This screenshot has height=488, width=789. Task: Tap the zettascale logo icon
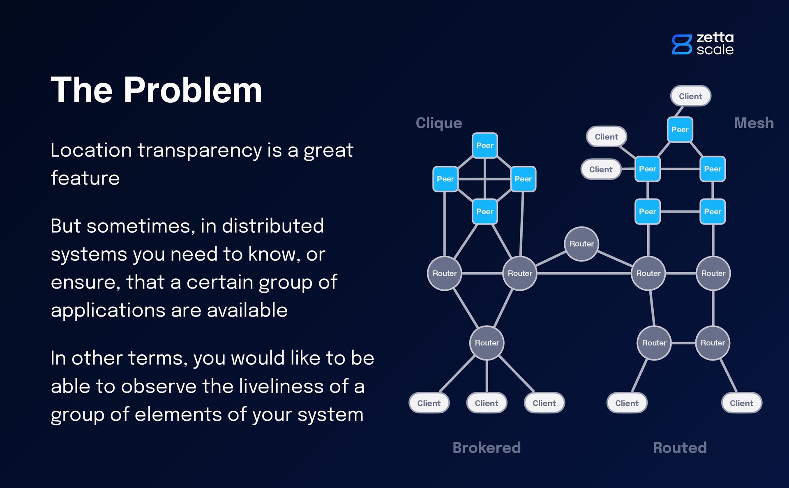682,44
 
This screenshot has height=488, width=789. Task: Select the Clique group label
439,123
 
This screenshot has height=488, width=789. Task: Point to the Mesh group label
754,123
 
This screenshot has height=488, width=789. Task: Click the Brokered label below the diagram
487,447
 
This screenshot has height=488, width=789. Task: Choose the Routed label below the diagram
680,447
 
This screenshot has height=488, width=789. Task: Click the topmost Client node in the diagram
690,96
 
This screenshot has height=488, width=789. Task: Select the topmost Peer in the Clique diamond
485,146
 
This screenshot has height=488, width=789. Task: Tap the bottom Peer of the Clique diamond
485,212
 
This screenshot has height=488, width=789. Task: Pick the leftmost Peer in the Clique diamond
445,179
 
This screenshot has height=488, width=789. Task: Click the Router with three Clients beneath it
487,343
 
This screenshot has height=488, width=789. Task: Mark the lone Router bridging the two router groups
581,244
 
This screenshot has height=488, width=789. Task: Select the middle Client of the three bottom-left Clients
487,403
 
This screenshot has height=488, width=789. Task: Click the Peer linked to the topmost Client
680,130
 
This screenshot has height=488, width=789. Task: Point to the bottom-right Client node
741,403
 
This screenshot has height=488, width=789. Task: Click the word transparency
199,150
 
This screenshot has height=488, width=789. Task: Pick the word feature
85,178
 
